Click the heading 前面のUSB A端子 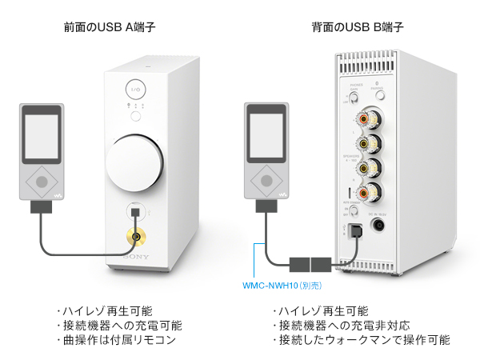point(109,28)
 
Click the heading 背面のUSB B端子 point(358,28)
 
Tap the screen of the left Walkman point(40,132)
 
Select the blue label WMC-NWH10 point(272,285)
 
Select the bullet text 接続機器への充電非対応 point(341,326)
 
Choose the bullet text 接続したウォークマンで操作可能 point(360,340)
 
